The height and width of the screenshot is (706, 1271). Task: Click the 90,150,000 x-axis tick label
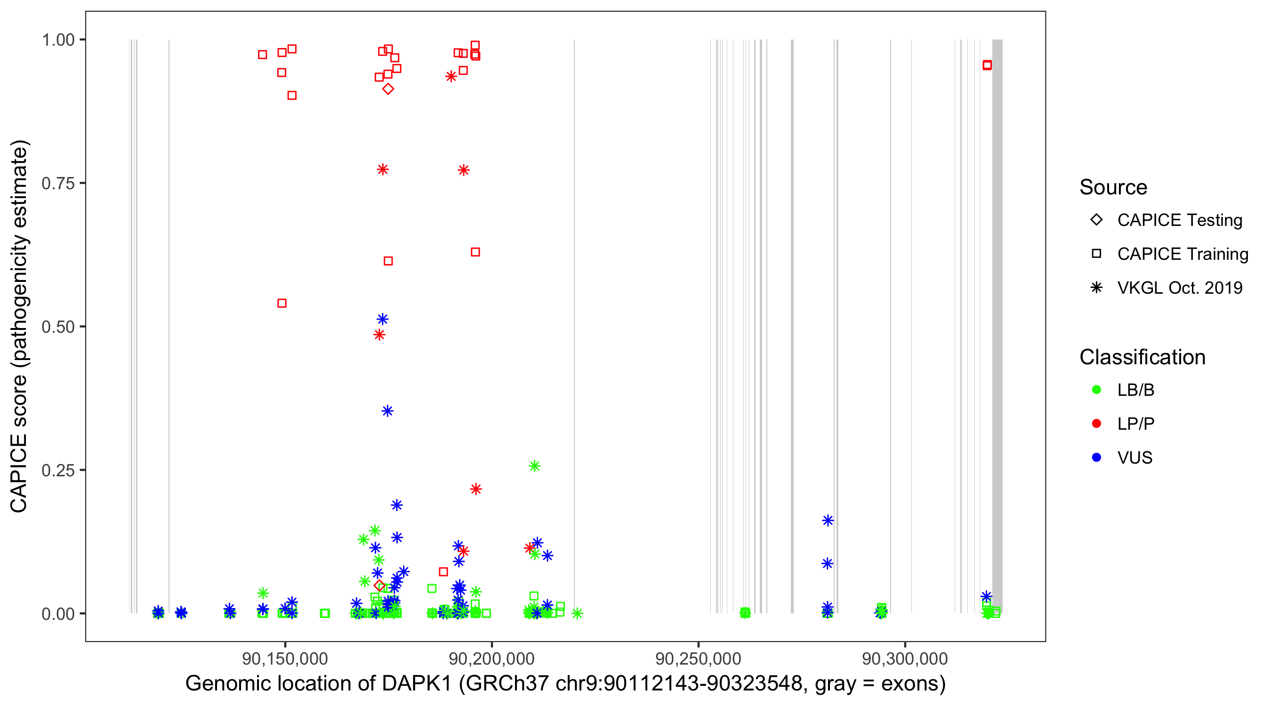pyautogui.click(x=285, y=658)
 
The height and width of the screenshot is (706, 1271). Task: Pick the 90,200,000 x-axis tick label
pyautogui.click(x=491, y=658)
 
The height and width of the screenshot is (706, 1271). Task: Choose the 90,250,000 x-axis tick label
pyautogui.click(x=698, y=658)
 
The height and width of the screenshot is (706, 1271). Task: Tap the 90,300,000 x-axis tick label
pyautogui.click(x=905, y=658)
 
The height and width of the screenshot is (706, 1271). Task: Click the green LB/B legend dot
pyautogui.click(x=1097, y=390)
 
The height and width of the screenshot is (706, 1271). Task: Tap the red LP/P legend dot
pyautogui.click(x=1097, y=424)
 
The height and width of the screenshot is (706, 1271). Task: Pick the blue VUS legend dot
pyautogui.click(x=1097, y=457)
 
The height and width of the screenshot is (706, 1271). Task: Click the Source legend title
pyautogui.click(x=1113, y=187)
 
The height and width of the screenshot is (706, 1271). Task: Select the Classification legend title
pyautogui.click(x=1142, y=357)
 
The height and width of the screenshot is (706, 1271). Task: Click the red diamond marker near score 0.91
pyautogui.click(x=388, y=89)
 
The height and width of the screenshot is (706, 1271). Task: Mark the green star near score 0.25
pyautogui.click(x=534, y=466)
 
